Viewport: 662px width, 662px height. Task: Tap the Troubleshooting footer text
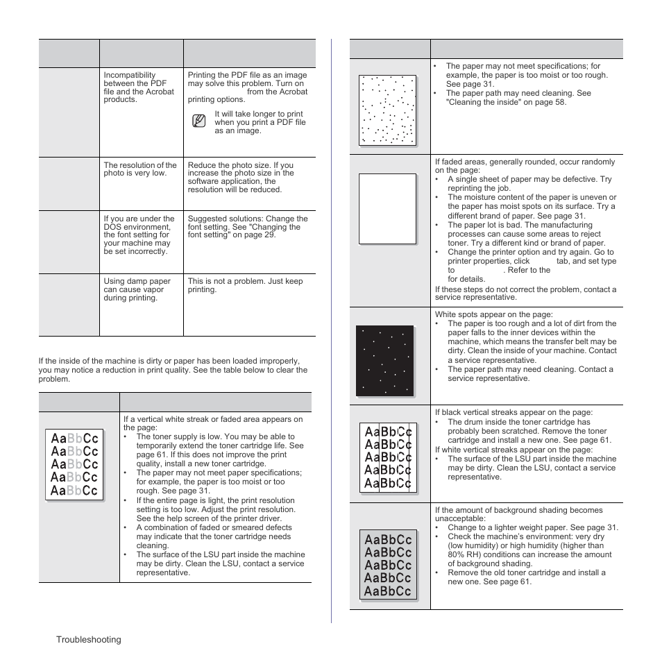(x=89, y=639)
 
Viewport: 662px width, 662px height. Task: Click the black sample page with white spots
(x=384, y=361)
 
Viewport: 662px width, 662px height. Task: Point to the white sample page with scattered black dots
(x=387, y=110)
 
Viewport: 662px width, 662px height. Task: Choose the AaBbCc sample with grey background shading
(x=388, y=565)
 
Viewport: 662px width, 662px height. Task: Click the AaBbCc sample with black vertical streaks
(x=388, y=457)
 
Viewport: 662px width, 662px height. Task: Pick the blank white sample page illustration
(x=387, y=208)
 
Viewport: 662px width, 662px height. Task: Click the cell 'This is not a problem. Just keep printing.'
(x=246, y=286)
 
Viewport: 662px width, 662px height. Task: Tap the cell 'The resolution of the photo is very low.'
(x=140, y=169)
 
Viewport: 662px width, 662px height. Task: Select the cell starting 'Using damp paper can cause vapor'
(x=137, y=289)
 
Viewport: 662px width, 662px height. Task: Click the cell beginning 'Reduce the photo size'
(x=241, y=178)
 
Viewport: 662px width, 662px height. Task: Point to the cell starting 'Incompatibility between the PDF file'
(x=139, y=87)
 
